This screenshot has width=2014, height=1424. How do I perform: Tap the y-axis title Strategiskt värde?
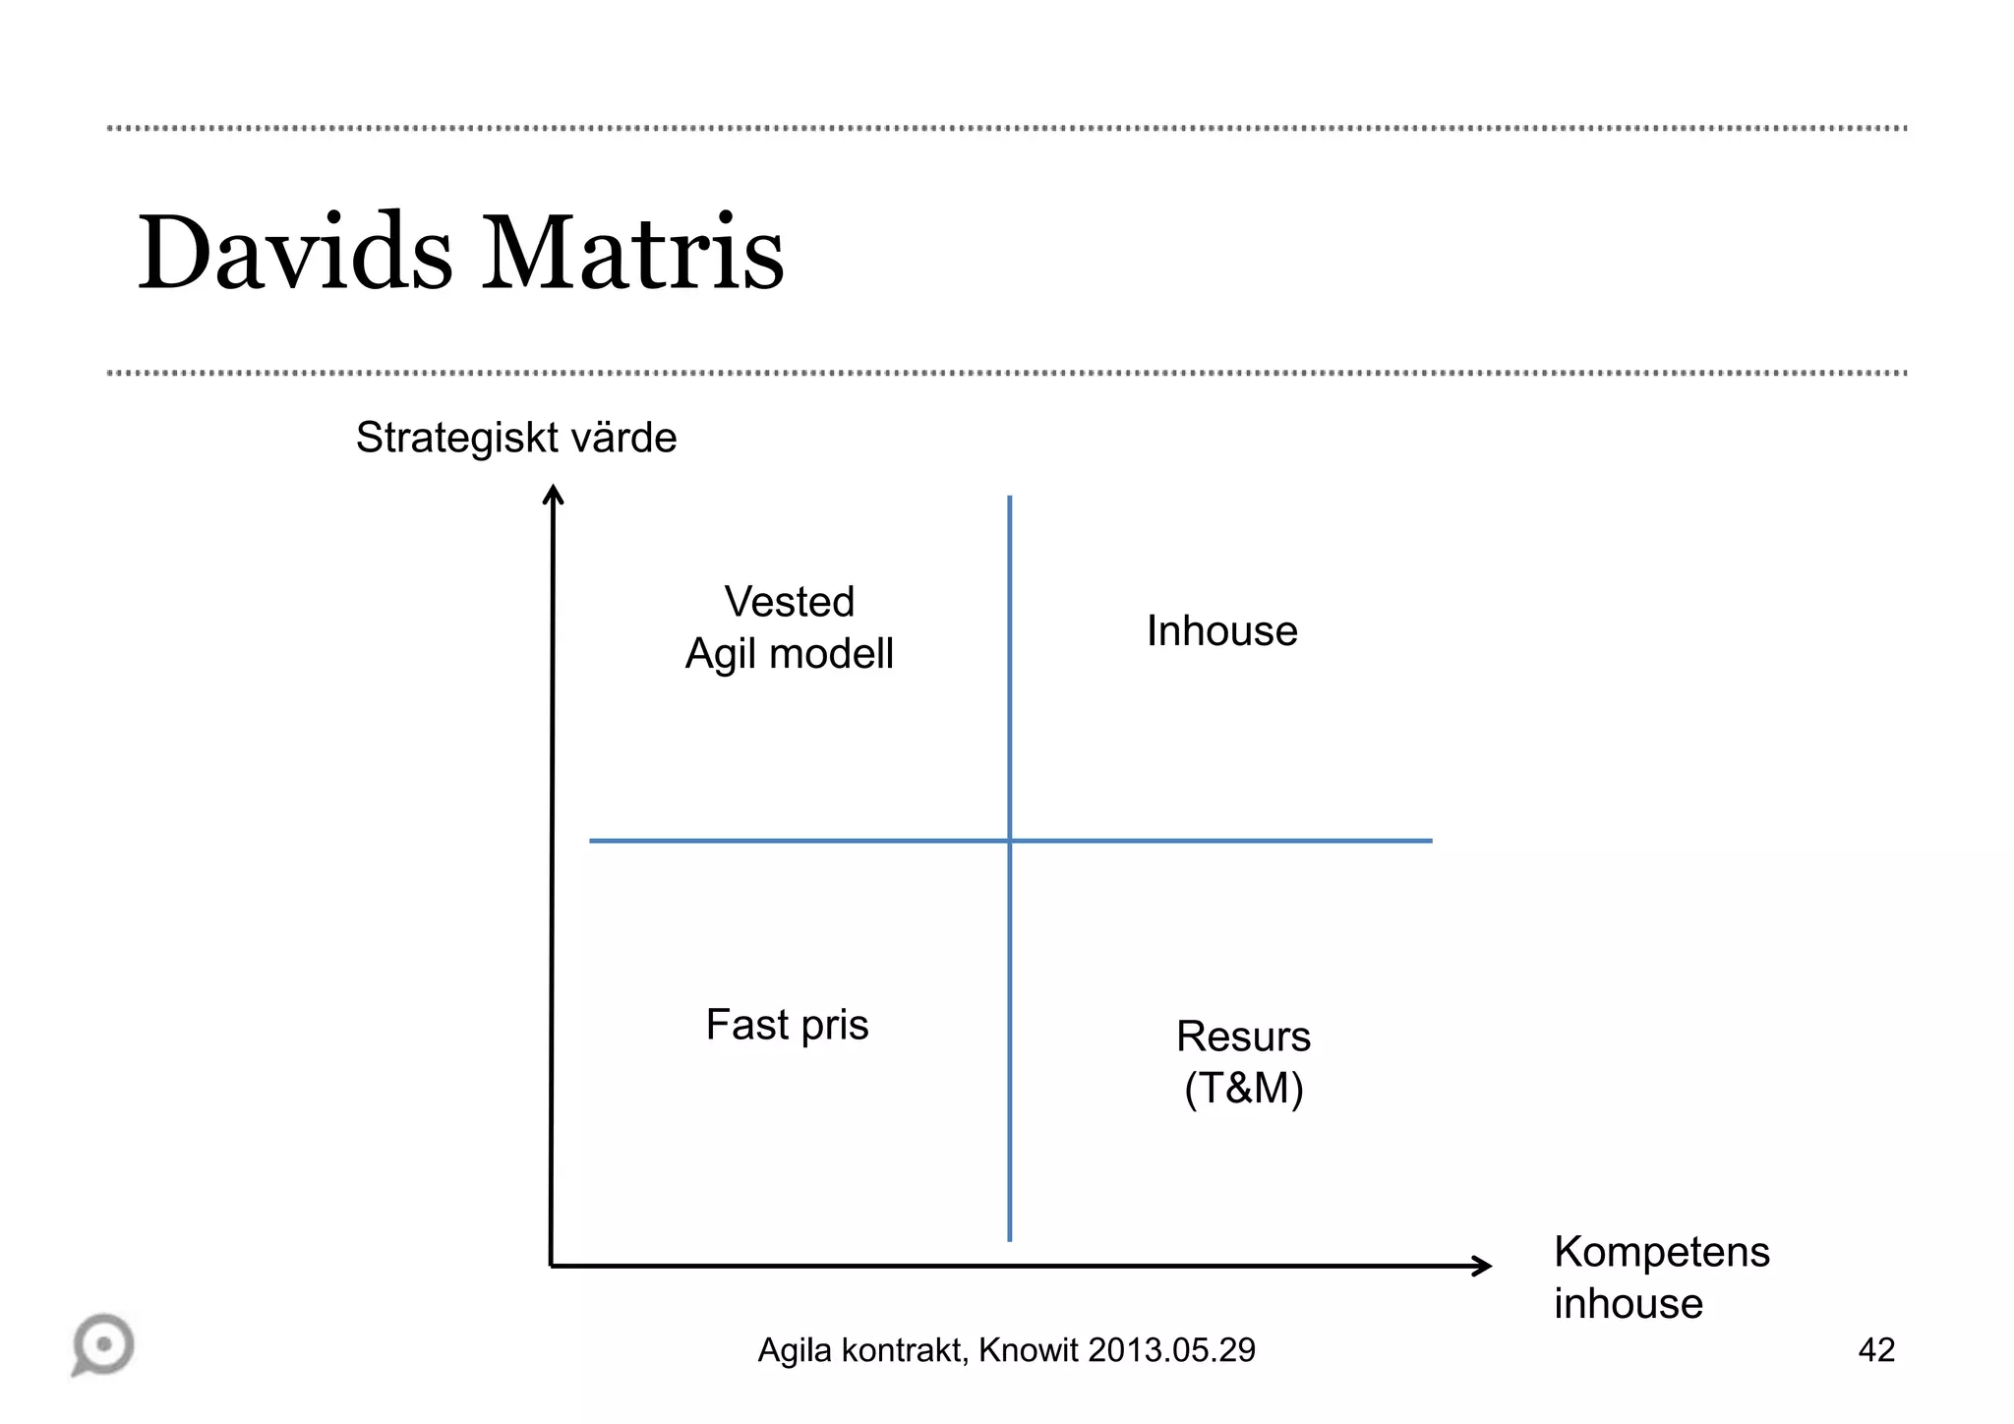point(516,438)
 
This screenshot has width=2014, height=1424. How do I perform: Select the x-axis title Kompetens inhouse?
point(1661,1277)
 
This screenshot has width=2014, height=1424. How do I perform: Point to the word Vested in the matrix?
point(790,602)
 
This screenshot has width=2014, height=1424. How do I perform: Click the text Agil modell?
point(790,654)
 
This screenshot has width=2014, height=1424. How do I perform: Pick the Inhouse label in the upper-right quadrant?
point(1221,631)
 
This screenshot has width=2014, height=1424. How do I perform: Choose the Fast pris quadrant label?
point(787,1025)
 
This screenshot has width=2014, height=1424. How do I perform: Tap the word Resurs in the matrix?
point(1243,1037)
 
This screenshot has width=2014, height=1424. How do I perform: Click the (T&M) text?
point(1243,1089)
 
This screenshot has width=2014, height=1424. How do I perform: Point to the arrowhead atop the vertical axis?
point(554,493)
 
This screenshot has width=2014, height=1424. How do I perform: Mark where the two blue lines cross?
point(1010,841)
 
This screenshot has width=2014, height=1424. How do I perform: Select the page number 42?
point(1876,1350)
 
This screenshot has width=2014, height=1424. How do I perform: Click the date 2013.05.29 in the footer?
point(1171,1350)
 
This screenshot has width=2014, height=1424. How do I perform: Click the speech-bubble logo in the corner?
point(103,1344)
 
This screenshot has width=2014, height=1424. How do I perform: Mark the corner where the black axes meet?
point(552,1266)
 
